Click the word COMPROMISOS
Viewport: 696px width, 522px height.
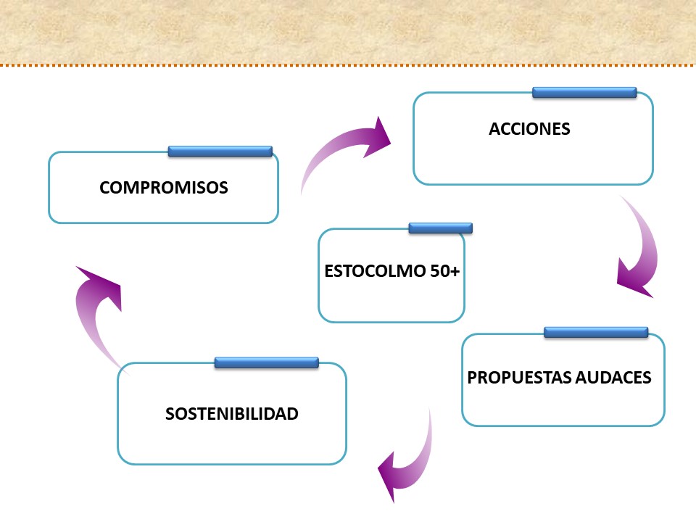click(164, 187)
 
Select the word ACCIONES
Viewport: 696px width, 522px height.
click(529, 129)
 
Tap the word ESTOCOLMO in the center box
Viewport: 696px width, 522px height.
click(375, 270)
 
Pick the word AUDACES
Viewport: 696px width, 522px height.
click(613, 377)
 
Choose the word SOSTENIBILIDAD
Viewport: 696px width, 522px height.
click(232, 414)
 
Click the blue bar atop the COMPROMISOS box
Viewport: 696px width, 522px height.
click(220, 152)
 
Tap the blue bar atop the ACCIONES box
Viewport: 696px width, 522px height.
click(584, 92)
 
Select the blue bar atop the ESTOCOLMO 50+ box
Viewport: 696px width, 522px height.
click(440, 228)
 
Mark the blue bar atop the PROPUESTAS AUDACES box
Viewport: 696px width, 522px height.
click(596, 332)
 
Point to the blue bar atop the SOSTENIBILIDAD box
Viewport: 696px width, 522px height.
click(266, 362)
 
